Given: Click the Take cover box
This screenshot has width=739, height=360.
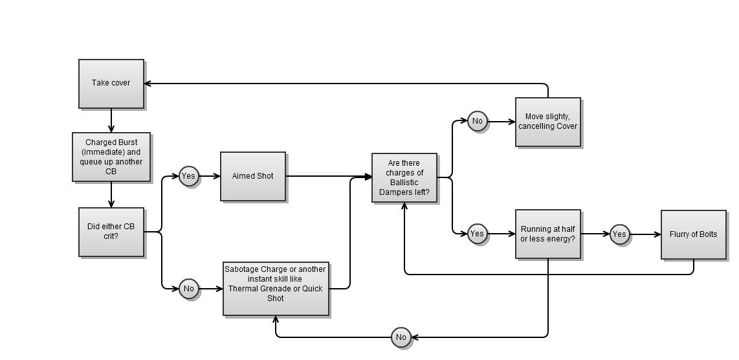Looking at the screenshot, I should [x=111, y=84].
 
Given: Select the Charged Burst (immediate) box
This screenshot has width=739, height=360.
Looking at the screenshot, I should [x=111, y=157].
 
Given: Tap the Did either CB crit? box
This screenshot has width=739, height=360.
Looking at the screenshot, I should [x=111, y=232].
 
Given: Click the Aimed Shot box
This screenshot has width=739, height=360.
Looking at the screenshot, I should [x=253, y=176].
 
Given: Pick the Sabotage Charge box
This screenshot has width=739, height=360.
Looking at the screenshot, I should [x=276, y=289].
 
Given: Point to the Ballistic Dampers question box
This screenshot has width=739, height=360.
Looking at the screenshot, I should [x=404, y=178].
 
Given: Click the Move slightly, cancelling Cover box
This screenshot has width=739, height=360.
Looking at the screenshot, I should [x=548, y=122].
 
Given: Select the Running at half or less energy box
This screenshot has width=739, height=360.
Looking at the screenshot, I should [x=548, y=234].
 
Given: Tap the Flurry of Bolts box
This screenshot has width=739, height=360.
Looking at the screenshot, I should [x=694, y=234].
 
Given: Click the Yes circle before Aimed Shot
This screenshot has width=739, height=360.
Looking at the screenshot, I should [x=188, y=176].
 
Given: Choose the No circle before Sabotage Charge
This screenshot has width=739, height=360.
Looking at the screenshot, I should [x=188, y=289].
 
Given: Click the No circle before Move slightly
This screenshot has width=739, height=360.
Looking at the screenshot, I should [x=477, y=121].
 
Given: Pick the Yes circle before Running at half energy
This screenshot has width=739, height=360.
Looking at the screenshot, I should [x=477, y=234].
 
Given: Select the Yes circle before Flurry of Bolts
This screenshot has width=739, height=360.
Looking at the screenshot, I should [x=619, y=234].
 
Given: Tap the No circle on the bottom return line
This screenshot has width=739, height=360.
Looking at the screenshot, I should [x=401, y=337].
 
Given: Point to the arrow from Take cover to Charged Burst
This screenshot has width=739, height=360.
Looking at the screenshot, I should [x=111, y=121].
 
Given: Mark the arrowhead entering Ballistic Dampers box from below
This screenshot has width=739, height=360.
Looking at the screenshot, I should [x=404, y=206].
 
